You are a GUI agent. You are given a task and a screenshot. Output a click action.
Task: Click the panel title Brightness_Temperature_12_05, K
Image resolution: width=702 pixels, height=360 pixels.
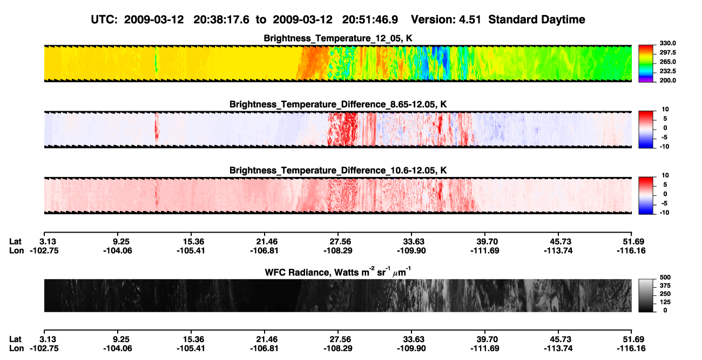tap(338, 38)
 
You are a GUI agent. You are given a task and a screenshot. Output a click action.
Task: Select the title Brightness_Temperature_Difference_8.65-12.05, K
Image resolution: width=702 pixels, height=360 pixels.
tap(338, 104)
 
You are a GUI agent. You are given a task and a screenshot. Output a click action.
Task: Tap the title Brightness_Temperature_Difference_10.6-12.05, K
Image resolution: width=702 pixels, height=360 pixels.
tap(338, 171)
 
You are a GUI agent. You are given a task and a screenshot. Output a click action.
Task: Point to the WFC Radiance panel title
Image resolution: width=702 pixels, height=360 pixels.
tap(338, 272)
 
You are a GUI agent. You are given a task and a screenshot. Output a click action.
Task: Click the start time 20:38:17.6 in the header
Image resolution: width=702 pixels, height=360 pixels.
tap(221, 20)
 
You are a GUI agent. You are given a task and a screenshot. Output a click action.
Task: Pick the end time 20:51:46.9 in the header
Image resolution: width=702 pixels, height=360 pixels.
tap(370, 20)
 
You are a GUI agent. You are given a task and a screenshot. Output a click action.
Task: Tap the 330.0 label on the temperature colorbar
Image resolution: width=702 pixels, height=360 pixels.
tap(667, 43)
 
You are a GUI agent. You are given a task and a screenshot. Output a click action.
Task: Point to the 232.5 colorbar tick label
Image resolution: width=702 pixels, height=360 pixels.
tap(667, 71)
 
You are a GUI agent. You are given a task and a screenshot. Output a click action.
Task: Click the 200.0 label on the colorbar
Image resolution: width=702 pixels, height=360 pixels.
tap(667, 80)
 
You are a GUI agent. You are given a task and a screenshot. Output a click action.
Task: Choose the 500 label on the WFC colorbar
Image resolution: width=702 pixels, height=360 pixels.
tap(665, 277)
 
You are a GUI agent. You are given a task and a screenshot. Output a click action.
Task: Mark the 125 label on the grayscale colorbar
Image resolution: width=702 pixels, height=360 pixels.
tap(665, 302)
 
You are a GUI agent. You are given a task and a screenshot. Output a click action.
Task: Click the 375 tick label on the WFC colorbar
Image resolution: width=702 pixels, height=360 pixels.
tap(665, 286)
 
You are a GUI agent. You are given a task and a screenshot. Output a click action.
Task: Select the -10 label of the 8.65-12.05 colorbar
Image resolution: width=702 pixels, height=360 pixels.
tap(664, 147)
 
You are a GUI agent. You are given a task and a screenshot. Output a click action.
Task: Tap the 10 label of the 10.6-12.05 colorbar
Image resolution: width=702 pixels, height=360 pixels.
tap(665, 175)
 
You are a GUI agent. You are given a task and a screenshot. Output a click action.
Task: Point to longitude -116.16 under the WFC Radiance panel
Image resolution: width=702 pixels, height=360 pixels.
tap(631, 349)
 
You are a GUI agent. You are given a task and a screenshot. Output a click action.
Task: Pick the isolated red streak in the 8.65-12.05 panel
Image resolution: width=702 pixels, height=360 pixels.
tap(157, 129)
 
